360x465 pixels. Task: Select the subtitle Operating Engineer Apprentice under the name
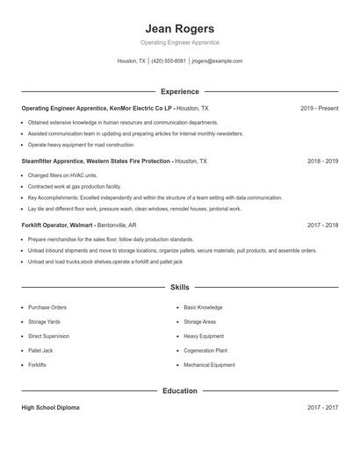(x=179, y=42)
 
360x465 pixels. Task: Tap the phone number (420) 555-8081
(x=169, y=61)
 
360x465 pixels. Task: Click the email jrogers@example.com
(x=217, y=61)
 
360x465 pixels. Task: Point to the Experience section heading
(x=179, y=91)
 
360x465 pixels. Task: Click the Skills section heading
(x=179, y=287)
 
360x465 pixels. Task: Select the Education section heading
(x=179, y=390)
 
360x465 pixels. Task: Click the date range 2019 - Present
(x=319, y=108)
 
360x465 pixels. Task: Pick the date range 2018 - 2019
(x=322, y=161)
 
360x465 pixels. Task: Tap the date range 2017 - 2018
(x=322, y=225)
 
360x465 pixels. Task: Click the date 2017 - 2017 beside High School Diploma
(x=322, y=408)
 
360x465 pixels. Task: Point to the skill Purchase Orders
(x=47, y=308)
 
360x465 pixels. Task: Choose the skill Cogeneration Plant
(x=206, y=350)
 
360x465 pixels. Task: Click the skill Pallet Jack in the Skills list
(x=40, y=350)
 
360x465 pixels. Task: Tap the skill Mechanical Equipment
(x=209, y=364)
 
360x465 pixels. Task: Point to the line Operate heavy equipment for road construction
(x=81, y=145)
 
